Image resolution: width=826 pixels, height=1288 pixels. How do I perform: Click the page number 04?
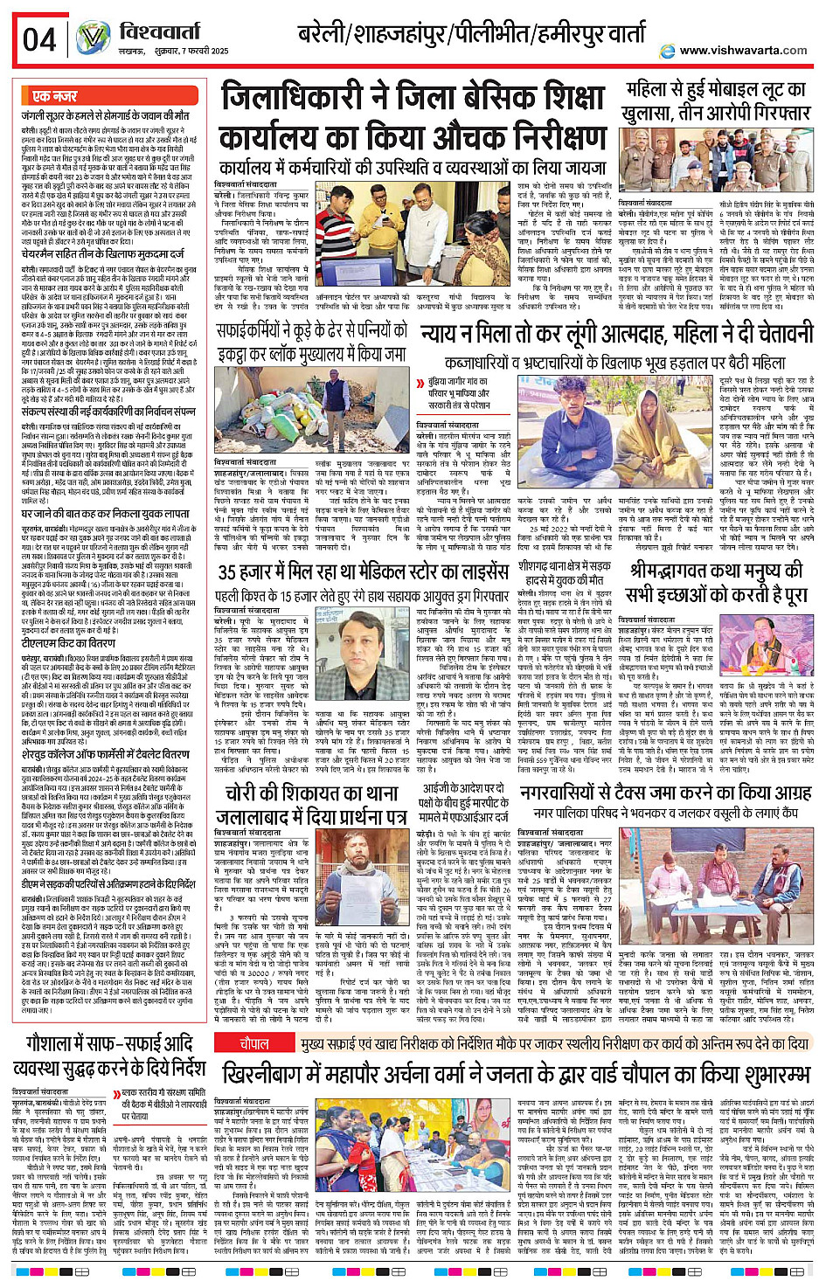point(39,40)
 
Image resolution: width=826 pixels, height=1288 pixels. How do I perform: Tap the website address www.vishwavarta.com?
point(742,50)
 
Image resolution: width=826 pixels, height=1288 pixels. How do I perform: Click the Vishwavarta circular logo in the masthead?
point(93,38)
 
